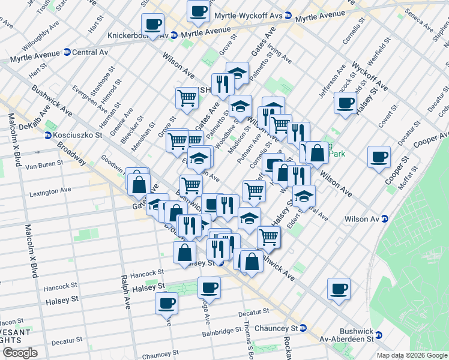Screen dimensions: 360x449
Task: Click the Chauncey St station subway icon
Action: (304, 328)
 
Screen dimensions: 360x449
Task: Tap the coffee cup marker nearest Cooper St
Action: (379, 157)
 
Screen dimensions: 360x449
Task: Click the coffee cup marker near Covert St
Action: (345, 103)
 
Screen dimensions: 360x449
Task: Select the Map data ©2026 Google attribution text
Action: (412, 355)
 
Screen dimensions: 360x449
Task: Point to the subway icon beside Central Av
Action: (66, 53)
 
